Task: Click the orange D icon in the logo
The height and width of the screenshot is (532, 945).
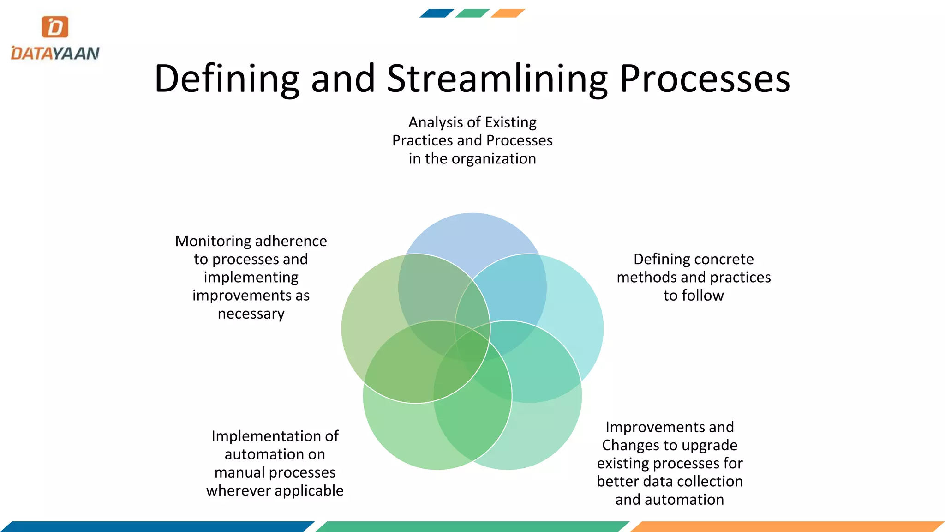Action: tap(55, 27)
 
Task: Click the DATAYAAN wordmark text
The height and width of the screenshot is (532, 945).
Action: tap(55, 53)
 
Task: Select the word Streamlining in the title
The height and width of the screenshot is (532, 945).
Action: tap(496, 79)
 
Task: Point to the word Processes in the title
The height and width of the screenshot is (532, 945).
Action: tap(705, 79)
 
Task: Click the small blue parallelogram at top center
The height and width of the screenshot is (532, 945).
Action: tap(437, 13)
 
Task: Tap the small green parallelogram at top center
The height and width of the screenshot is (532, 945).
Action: tap(472, 13)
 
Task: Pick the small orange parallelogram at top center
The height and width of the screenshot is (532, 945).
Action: tap(508, 13)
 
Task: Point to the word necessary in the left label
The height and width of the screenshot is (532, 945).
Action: tap(251, 314)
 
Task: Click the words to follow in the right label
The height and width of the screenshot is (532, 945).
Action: tap(694, 296)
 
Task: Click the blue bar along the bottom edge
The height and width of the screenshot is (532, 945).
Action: tap(157, 526)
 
